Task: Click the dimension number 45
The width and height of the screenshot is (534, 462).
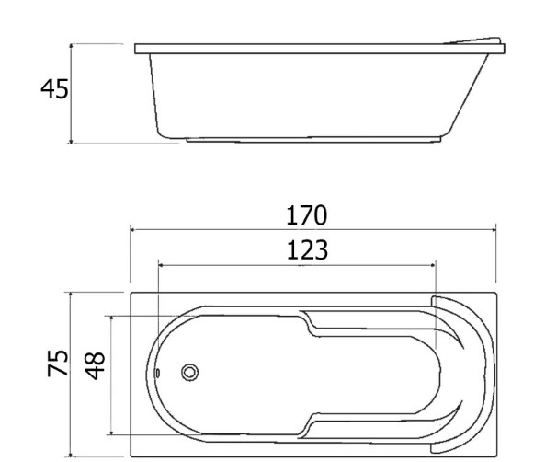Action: tap(54, 89)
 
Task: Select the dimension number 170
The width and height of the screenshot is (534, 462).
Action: tap(306, 215)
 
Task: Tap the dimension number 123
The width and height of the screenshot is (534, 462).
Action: tap(307, 250)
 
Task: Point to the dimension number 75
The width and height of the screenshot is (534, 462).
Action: tap(58, 364)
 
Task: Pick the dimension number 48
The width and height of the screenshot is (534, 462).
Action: tap(95, 366)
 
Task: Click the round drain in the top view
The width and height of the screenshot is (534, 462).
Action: tap(189, 373)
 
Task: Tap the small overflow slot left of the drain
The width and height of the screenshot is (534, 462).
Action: tap(158, 373)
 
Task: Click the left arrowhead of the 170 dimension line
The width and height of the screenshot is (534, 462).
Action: tap(133, 230)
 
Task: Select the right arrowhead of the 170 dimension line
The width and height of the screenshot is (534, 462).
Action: tap(494, 230)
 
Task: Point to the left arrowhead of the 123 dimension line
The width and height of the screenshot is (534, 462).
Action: tap(161, 265)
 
